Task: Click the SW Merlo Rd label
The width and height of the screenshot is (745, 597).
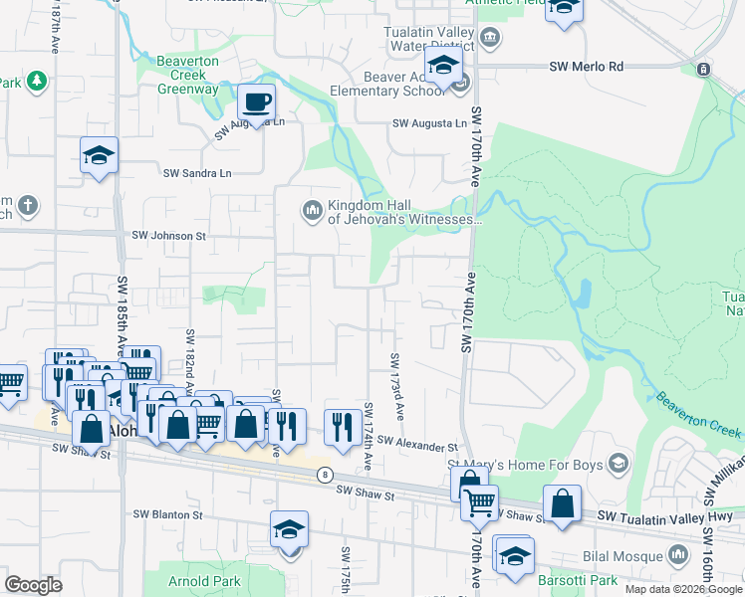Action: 587,67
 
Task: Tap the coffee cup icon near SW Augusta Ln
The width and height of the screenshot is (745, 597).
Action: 257,101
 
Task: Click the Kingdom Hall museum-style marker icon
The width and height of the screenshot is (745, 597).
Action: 312,208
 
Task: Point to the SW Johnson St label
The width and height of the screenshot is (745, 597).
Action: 168,236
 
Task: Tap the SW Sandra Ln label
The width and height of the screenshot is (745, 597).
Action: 197,172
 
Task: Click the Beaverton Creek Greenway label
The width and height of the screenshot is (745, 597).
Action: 187,75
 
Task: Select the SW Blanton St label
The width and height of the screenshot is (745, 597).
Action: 169,515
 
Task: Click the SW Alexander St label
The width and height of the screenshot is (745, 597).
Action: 416,444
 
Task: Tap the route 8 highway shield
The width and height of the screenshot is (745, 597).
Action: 325,475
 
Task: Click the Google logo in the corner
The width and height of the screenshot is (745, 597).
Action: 33,584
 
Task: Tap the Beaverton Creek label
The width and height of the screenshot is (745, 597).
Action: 698,415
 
